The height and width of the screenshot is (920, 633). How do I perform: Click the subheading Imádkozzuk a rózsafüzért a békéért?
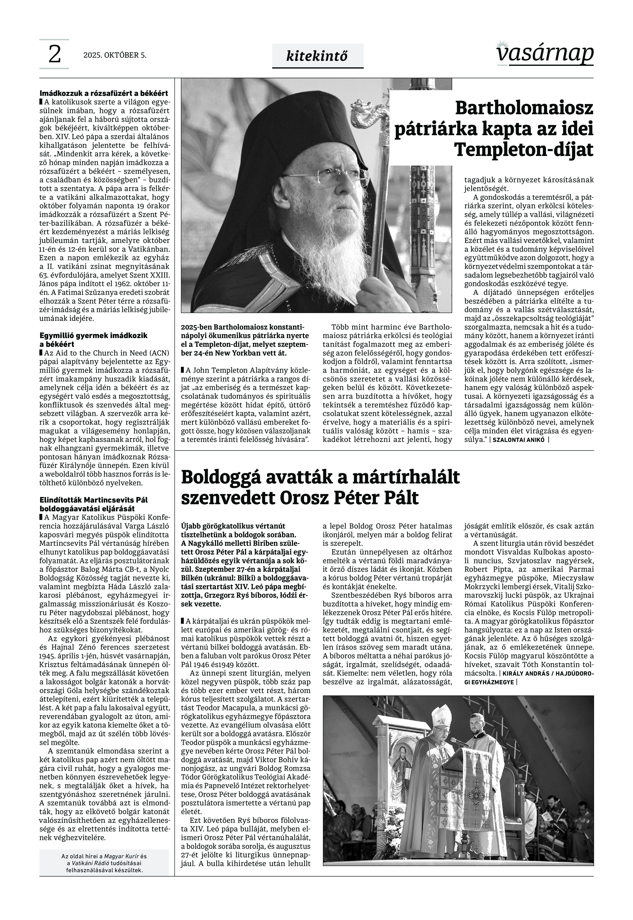[104, 94]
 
